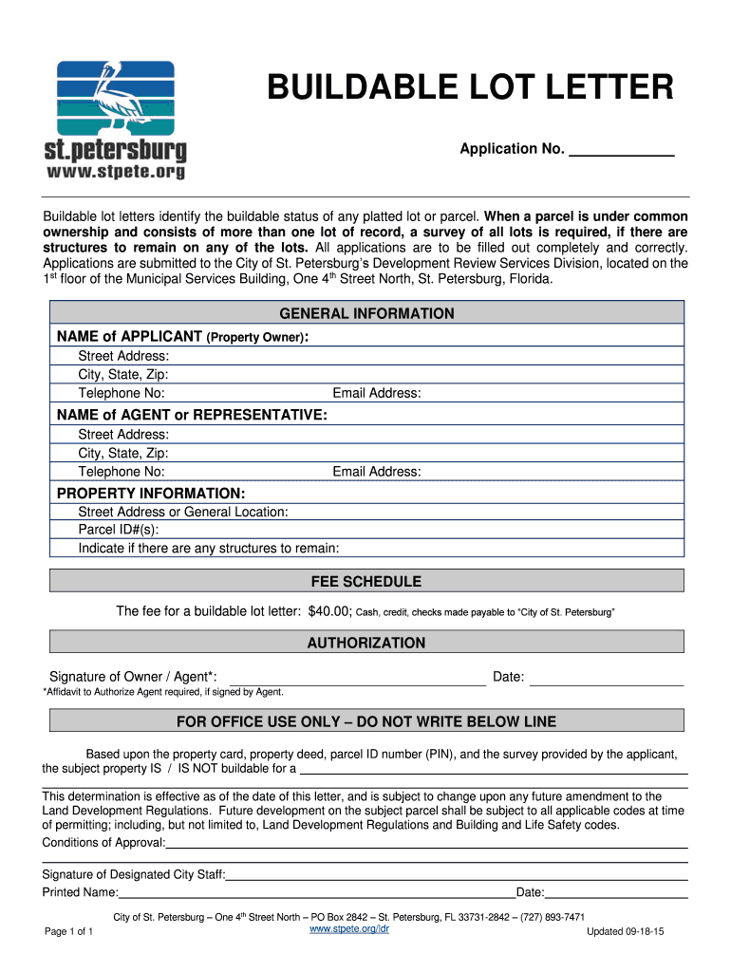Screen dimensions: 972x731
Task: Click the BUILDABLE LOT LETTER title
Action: click(471, 88)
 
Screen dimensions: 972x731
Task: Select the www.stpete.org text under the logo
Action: click(116, 172)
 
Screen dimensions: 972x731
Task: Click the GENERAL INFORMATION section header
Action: click(366, 313)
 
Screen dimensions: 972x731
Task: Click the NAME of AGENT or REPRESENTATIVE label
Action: click(193, 415)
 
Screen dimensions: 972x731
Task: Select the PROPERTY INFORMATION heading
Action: click(151, 494)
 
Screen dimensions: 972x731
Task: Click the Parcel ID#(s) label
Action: click(119, 530)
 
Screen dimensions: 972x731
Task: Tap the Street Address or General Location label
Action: click(183, 512)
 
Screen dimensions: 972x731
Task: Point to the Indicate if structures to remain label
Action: click(208, 548)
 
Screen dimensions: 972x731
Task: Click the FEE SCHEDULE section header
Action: click(366, 581)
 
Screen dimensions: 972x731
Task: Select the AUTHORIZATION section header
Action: click(366, 643)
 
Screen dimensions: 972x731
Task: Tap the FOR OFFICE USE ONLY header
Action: click(366, 722)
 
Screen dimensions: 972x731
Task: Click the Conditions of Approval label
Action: click(103, 842)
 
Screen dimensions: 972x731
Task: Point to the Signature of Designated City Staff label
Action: click(134, 874)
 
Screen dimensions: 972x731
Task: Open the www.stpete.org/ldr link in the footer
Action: click(349, 929)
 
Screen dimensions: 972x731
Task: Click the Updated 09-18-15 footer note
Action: click(625, 932)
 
